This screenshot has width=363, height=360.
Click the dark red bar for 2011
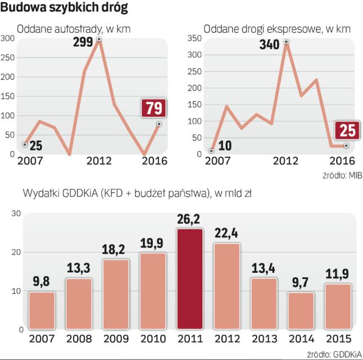coord(190,278)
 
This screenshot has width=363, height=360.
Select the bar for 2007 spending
coord(42,310)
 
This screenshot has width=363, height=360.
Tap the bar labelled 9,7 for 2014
coord(301,310)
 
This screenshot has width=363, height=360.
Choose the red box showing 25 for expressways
coord(348,130)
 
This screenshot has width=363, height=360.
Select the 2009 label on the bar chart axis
coord(116,340)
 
